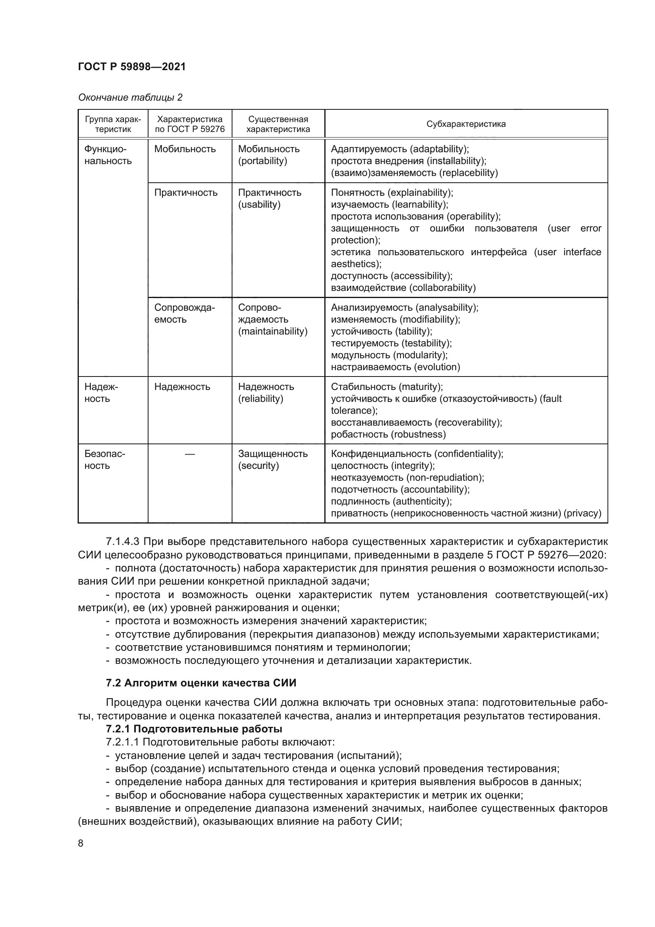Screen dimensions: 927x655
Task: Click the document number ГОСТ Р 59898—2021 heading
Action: pyautogui.click(x=132, y=67)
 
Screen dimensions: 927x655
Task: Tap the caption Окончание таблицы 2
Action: pyautogui.click(x=130, y=97)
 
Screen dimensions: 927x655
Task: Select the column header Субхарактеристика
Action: pyautogui.click(x=466, y=124)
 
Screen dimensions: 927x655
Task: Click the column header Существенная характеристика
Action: pyautogui.click(x=278, y=124)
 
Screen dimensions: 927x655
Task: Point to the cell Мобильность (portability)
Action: pyautogui.click(x=268, y=155)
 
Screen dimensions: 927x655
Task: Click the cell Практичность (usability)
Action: pyautogui.click(x=269, y=198)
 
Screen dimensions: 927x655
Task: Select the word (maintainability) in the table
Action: pyautogui.click(x=272, y=331)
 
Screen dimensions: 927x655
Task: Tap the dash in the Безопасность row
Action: pyautogui.click(x=190, y=454)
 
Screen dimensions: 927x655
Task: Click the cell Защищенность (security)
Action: pyautogui.click(x=272, y=459)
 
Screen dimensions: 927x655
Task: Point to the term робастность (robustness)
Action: pyautogui.click(x=388, y=434)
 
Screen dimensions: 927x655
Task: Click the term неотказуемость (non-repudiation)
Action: pyautogui.click(x=407, y=477)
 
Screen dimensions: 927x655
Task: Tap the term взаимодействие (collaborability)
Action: pyautogui.click(x=403, y=287)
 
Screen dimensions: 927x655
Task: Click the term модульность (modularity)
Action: pyautogui.click(x=389, y=355)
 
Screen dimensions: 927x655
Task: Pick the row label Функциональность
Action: pyautogui.click(x=108, y=155)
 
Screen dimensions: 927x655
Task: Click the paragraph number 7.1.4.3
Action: pyautogui.click(x=123, y=541)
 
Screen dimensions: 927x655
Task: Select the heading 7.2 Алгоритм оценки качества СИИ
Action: pyautogui.click(x=201, y=683)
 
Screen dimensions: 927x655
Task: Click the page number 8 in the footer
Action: pyautogui.click(x=81, y=843)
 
